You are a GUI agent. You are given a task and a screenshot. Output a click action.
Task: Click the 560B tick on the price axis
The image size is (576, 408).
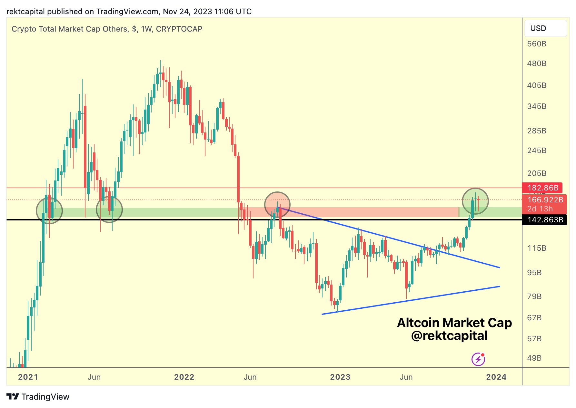(536, 44)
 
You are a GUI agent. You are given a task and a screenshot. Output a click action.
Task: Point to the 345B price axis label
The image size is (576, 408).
(536, 106)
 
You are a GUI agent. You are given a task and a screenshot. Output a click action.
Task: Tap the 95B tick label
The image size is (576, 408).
(534, 273)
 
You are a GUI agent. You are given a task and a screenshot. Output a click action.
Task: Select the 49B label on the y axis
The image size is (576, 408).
(534, 358)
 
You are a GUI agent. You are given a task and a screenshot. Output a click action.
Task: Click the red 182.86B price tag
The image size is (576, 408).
(542, 188)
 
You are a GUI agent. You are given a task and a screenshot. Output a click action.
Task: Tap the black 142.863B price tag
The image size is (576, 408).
(544, 220)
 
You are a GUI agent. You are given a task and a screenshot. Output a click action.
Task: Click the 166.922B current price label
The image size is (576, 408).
(545, 200)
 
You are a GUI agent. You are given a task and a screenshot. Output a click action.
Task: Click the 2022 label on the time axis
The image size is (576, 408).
(184, 377)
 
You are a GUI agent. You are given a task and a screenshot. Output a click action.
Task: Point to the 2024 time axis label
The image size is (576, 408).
(496, 377)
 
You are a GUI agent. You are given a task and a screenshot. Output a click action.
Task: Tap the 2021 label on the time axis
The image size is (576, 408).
(28, 377)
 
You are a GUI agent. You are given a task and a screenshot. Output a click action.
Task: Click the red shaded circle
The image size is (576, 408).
(277, 205)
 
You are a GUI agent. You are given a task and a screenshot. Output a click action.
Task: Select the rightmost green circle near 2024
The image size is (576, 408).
(475, 201)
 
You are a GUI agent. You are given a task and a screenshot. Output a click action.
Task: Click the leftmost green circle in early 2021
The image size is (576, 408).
(49, 211)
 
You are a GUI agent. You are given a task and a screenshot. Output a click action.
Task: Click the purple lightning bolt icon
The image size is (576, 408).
(478, 359)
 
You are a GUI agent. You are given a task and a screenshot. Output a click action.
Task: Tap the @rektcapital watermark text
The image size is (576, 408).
(449, 336)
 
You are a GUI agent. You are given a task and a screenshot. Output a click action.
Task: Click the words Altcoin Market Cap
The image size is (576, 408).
(454, 323)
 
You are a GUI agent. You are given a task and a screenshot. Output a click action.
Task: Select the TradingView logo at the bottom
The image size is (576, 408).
(38, 397)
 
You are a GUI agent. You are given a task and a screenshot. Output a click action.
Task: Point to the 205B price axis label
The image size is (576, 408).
(536, 173)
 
